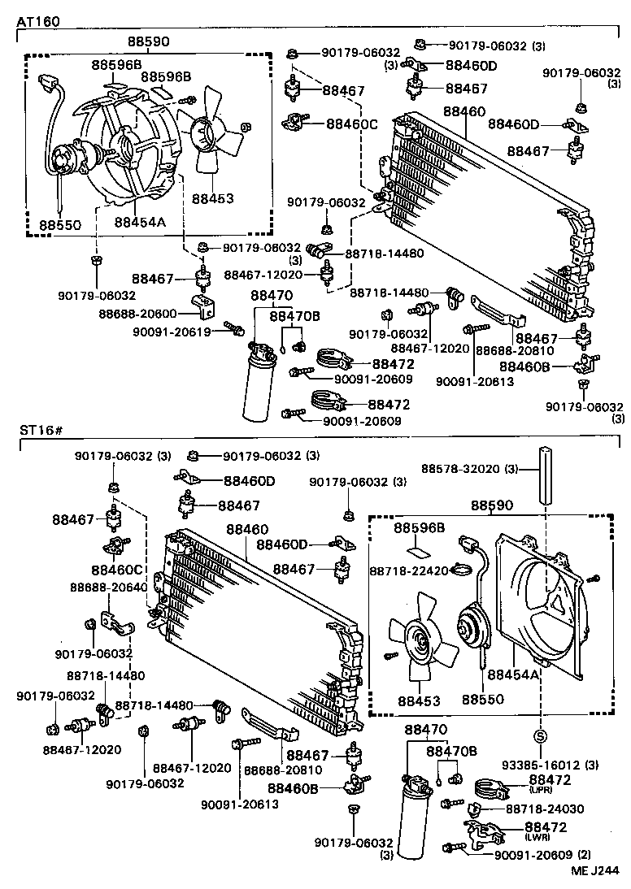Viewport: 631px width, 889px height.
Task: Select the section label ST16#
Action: (x=40, y=429)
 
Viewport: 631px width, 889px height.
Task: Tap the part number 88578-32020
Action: (x=460, y=469)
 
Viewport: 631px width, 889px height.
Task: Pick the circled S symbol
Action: (x=540, y=737)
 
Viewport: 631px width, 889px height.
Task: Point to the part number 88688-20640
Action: (x=108, y=587)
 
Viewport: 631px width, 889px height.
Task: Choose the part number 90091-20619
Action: (x=172, y=331)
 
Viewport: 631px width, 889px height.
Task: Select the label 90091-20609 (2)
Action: (x=543, y=854)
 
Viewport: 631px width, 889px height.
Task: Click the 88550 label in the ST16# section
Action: (x=483, y=699)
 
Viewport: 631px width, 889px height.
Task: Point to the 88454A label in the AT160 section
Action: (x=140, y=222)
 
